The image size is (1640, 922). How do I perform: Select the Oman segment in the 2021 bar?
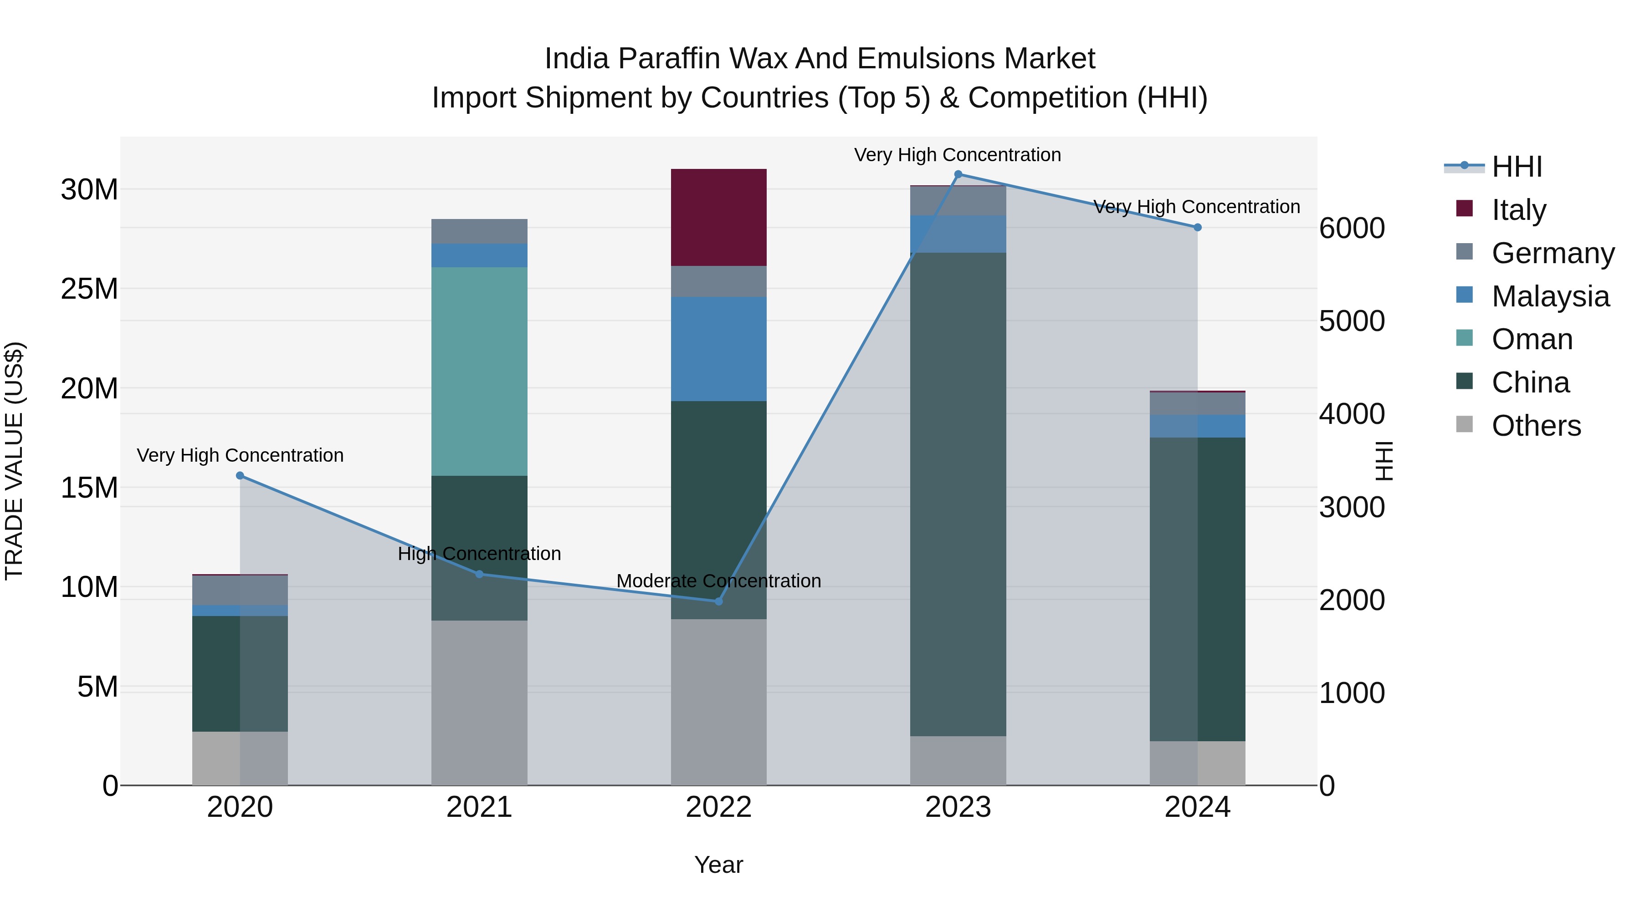click(479, 371)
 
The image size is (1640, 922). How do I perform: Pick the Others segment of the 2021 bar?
click(479, 703)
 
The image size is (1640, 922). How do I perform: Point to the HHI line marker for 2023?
click(958, 174)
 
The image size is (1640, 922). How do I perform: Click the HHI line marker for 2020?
click(240, 475)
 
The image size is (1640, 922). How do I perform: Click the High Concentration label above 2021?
click(479, 554)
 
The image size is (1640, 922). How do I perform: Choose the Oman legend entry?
click(1531, 339)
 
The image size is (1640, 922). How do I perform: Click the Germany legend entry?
click(1552, 253)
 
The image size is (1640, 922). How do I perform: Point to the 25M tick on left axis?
click(89, 289)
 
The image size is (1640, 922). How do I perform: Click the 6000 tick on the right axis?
click(1351, 229)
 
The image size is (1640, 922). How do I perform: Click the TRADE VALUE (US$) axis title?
click(14, 461)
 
